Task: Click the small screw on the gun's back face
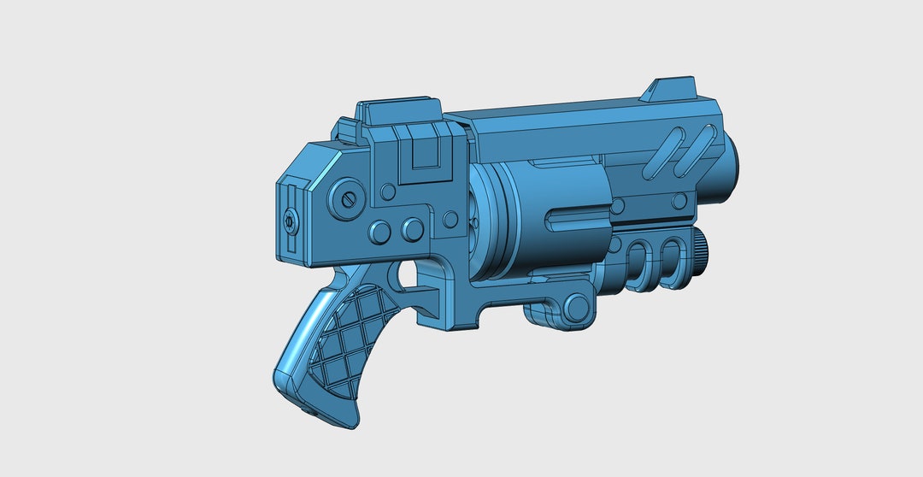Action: coord(291,222)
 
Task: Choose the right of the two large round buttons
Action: coord(413,228)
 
